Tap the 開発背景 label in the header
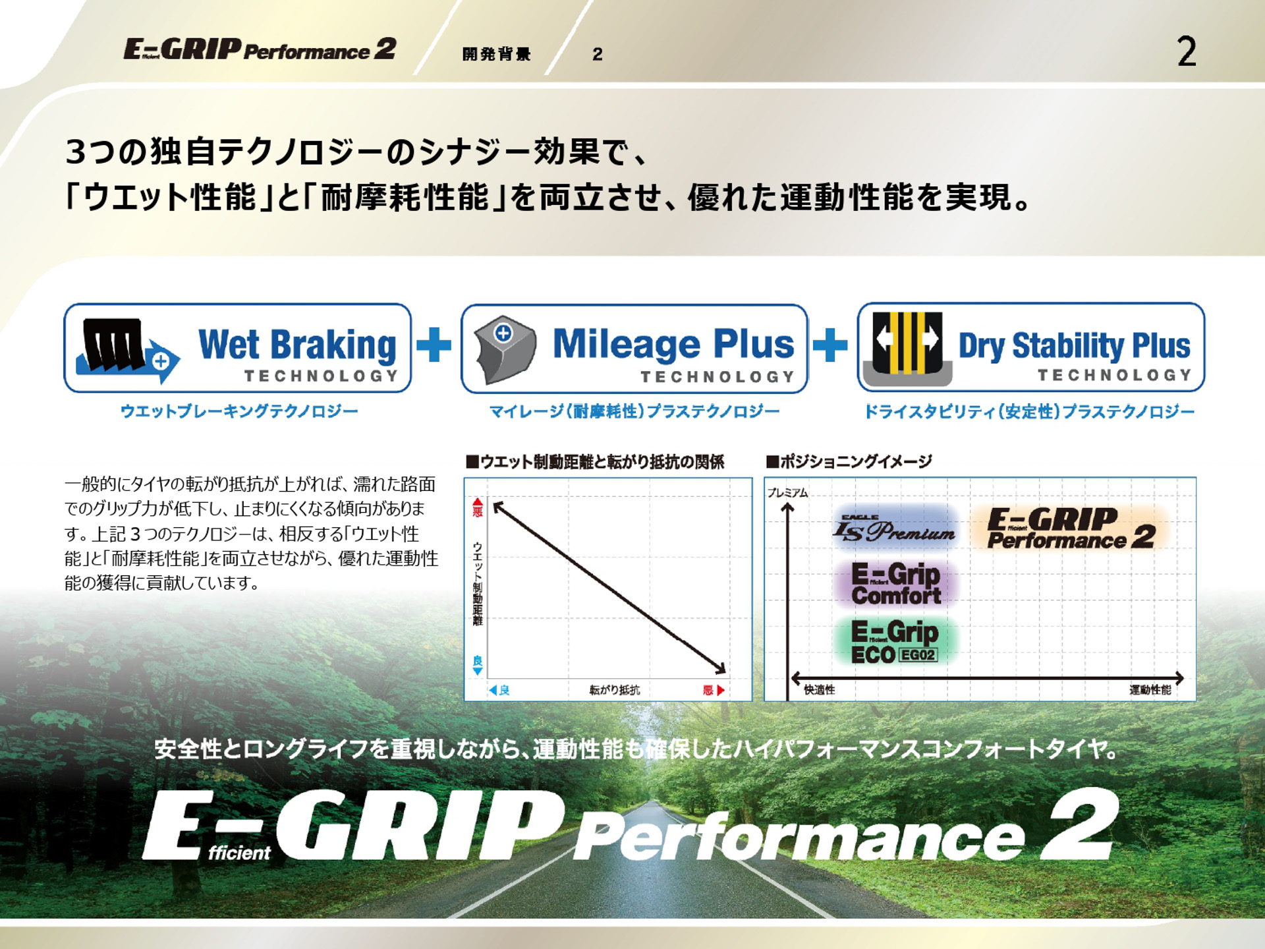[x=496, y=54]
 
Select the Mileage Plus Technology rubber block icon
[x=505, y=349]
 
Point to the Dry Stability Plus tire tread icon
[x=907, y=347]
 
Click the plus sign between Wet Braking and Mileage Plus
[x=434, y=345]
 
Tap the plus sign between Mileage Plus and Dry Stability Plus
[x=830, y=345]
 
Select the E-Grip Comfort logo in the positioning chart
[x=895, y=584]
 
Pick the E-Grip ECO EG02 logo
[x=894, y=641]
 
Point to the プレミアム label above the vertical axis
[x=787, y=492]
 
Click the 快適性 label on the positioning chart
[x=819, y=689]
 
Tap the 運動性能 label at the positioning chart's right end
[x=1150, y=689]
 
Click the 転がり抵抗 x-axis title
[x=614, y=690]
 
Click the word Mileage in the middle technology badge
[x=627, y=344]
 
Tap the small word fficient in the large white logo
[x=239, y=853]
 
